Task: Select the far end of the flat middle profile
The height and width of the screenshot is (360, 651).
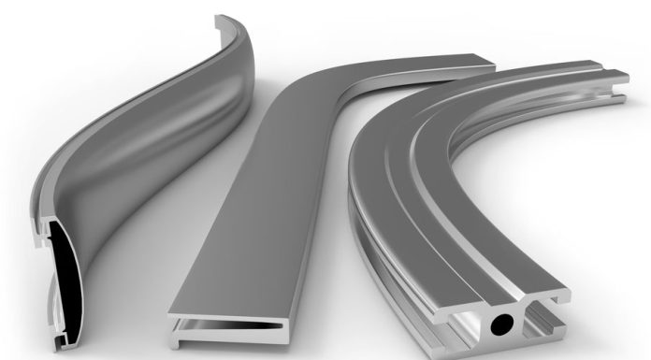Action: coord(468,65)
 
